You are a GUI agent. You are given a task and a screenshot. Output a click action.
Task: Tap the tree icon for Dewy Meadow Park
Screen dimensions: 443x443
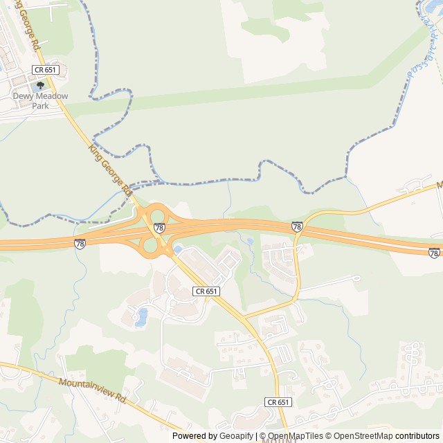40,86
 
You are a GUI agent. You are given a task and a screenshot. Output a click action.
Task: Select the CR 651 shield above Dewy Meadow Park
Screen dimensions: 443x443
46,70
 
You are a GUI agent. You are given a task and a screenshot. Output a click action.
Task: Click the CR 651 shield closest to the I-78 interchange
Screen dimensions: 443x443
206,292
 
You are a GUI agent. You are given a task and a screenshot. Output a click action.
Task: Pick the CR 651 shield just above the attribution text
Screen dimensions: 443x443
278,402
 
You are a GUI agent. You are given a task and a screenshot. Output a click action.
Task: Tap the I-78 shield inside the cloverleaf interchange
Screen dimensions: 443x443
159,227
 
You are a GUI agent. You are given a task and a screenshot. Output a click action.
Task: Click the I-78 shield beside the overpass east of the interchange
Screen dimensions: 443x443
297,226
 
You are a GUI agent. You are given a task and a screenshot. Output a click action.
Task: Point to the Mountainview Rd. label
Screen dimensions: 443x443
93,390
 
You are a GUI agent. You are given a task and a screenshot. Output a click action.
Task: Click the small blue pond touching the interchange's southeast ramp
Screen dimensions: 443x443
178,249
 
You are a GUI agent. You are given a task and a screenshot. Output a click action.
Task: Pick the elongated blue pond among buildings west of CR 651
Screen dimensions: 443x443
142,317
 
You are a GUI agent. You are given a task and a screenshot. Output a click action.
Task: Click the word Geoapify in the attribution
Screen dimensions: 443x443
237,436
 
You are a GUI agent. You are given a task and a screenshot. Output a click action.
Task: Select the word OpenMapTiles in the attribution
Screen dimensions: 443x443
295,436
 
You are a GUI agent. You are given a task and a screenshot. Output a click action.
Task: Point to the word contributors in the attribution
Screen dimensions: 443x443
417,436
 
